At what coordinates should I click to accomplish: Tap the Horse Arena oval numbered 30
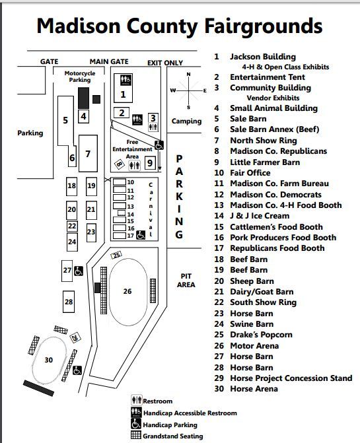48,360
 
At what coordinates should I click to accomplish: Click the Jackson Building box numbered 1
124,86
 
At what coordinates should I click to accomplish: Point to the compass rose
188,90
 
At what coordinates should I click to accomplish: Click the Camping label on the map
186,121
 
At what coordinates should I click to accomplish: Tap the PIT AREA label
186,280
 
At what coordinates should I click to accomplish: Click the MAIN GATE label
109,61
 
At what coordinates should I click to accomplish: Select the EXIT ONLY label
165,63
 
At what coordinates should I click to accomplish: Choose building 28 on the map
69,302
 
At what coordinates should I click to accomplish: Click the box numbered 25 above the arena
116,255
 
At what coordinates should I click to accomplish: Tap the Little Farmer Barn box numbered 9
150,162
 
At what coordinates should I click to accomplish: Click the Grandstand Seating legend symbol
136,435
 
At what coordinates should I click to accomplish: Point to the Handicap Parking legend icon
136,424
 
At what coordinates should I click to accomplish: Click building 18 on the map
72,186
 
